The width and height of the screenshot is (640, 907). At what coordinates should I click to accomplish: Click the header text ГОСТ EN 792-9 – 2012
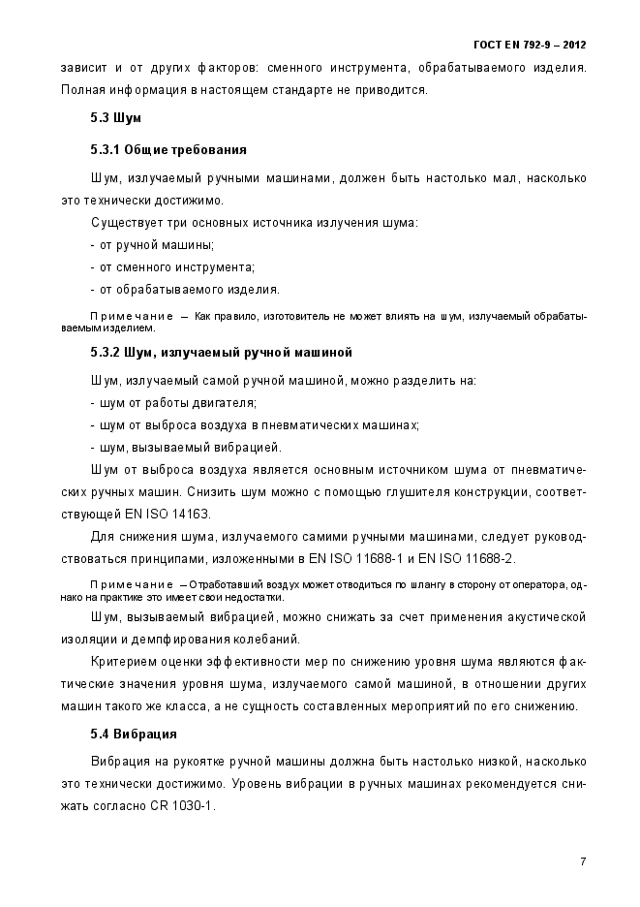pos(530,45)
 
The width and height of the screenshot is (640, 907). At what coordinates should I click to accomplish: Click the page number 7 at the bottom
pos(583,860)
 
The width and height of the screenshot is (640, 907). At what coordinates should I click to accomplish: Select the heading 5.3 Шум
pos(116,117)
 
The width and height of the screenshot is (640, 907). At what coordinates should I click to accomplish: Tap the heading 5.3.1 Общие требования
pos(168,150)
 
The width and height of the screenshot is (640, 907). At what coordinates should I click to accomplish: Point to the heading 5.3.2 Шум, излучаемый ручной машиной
pos(221,352)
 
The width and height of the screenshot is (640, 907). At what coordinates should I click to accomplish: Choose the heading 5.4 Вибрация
pos(134,734)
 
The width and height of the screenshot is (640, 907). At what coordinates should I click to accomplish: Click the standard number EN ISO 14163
pos(165,513)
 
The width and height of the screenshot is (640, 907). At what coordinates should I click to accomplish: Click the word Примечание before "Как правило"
pos(131,317)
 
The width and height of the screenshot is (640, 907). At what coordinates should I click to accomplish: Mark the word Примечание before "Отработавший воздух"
pos(131,584)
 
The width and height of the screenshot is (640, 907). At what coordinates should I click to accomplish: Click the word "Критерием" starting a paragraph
pos(121,662)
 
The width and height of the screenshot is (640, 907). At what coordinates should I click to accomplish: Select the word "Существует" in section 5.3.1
pos(123,223)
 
